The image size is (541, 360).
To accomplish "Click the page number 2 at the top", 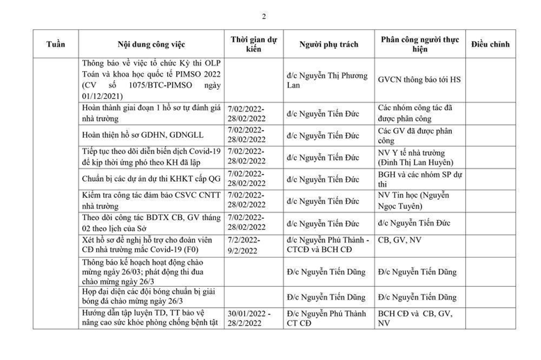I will pyautogui.click(x=263, y=16).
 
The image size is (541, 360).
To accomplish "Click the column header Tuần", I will pyautogui.click(x=56, y=45).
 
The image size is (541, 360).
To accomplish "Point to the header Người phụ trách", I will pyautogui.click(x=329, y=45).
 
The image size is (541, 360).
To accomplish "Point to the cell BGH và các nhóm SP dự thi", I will pyautogui.click(x=421, y=180).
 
